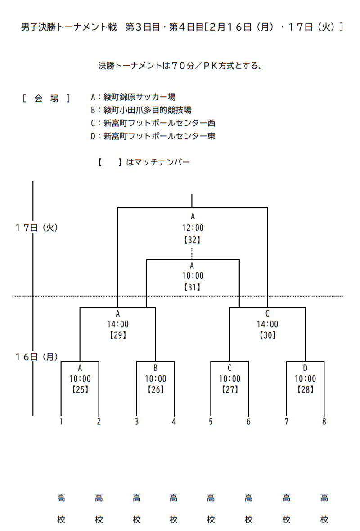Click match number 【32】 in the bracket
(x=192, y=240)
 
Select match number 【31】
(x=192, y=287)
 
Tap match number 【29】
(x=118, y=335)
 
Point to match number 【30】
(x=268, y=335)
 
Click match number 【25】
(x=80, y=390)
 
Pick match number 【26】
(x=156, y=390)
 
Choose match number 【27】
(x=230, y=390)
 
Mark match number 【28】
(x=305, y=390)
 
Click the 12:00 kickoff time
(x=192, y=228)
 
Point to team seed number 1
(x=61, y=422)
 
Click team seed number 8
(x=324, y=422)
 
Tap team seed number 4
(x=174, y=422)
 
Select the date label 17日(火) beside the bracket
(x=37, y=228)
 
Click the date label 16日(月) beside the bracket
(x=37, y=357)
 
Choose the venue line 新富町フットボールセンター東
(x=153, y=136)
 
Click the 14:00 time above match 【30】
(x=268, y=324)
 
